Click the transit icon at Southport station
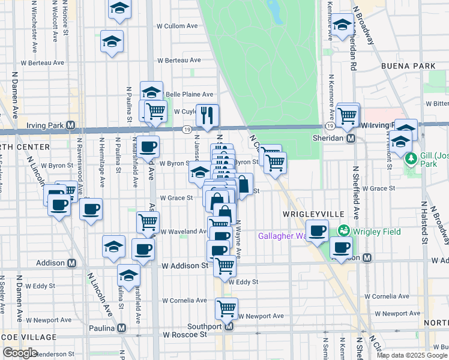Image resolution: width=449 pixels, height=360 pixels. (228, 327)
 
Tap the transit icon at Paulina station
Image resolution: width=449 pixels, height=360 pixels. (122, 328)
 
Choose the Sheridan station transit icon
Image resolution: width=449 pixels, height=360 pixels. (351, 138)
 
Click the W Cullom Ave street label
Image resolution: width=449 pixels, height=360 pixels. (177, 26)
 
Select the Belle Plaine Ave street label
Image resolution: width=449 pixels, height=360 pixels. (189, 94)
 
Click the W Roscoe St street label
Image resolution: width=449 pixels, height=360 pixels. (185, 334)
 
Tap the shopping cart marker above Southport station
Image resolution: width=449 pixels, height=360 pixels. (226, 308)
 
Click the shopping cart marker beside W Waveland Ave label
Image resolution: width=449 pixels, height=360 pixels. (148, 222)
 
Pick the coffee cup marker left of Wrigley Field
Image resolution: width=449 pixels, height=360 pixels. (317, 230)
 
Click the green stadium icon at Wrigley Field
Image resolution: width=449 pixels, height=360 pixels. (344, 230)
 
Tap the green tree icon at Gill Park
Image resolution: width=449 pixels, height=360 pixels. (411, 160)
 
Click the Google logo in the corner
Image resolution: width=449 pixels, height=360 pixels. (20, 353)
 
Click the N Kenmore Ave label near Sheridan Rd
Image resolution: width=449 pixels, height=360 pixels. (331, 97)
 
